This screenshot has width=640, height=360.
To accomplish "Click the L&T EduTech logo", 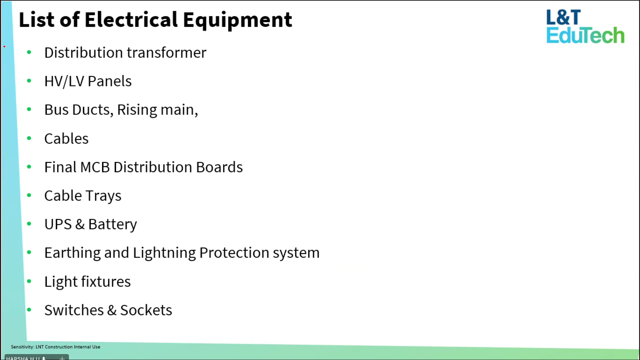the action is click(585, 26).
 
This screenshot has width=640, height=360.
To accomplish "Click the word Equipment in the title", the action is click(237, 20).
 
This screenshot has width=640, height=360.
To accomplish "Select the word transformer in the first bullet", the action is click(167, 53).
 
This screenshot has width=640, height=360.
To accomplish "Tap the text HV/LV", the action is click(64, 81).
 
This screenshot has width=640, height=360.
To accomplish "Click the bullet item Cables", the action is click(66, 139).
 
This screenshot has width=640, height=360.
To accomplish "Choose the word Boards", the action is click(219, 167).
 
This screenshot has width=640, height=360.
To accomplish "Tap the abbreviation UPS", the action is click(58, 224).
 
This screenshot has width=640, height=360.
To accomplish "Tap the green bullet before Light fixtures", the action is click(29, 281).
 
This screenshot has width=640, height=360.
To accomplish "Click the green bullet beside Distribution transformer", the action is click(29, 52).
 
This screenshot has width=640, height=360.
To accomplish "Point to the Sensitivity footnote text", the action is click(56, 347).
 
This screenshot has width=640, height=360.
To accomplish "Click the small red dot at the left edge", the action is click(4, 46).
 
